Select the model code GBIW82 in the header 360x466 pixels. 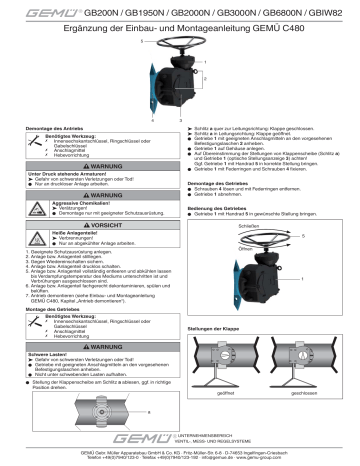point(339,9)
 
